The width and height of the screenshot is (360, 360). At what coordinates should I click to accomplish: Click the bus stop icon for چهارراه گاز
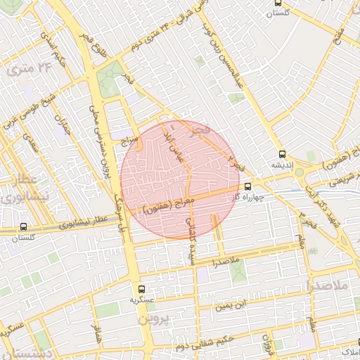click(x=247, y=186)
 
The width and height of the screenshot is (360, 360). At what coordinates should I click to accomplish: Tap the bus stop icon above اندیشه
click(x=282, y=153)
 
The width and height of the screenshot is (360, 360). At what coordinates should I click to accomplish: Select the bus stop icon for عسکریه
click(x=141, y=288)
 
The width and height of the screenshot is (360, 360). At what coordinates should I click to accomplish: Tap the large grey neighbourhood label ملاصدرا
click(x=329, y=285)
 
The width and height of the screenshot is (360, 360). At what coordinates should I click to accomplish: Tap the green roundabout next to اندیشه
click(x=299, y=172)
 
